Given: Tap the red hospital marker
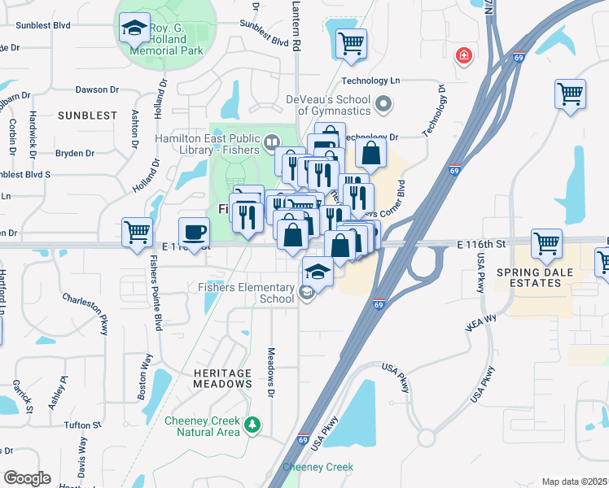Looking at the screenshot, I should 463,55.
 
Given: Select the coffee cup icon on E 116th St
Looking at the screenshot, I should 194,232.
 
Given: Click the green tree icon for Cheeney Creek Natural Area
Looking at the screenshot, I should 252,425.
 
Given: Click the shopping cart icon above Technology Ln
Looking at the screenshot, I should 351,42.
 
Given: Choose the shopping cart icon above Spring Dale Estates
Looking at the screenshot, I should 546,242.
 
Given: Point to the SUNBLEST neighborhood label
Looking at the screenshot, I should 88,115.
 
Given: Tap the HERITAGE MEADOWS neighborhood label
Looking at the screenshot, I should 222,377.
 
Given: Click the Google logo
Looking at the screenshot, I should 27,478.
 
